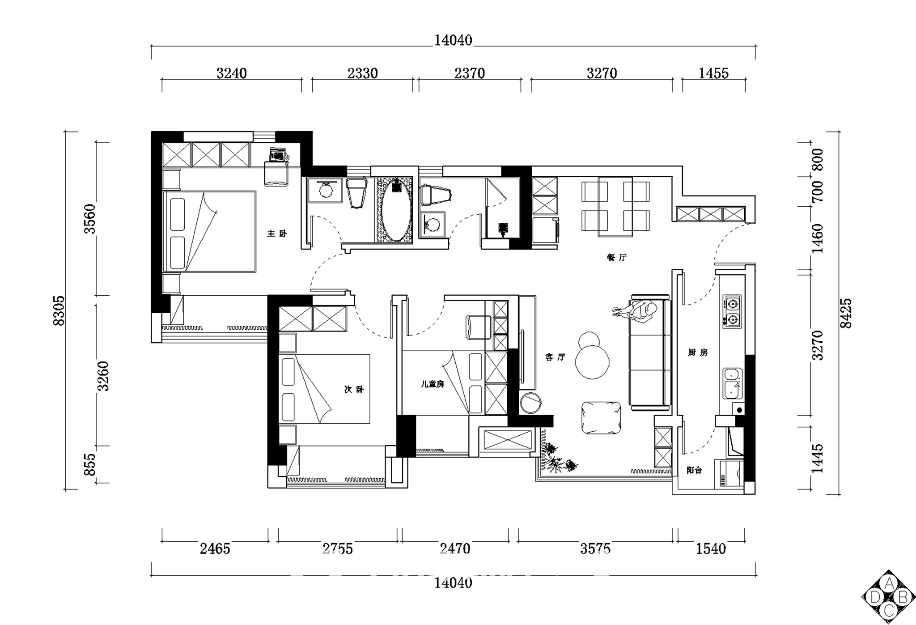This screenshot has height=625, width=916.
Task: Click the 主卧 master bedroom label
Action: pos(277,234)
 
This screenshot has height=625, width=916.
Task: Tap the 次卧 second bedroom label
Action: pos(354,390)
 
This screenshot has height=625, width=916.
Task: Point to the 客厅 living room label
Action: pos(555,357)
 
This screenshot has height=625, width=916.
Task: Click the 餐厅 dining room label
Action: pos(617,257)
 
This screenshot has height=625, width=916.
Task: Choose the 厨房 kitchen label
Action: pos(698,353)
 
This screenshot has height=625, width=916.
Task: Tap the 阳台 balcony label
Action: pos(694,470)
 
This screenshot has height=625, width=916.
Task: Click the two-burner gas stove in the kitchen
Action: pos(732,311)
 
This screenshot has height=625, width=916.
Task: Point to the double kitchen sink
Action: pos(733,383)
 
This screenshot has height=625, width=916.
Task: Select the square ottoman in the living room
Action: pos(601,418)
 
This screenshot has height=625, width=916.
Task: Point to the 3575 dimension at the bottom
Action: pos(595,548)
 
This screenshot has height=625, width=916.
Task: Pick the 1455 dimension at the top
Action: pos(713,73)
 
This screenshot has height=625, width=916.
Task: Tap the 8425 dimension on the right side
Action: pos(846,313)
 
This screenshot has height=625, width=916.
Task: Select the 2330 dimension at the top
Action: pos(363,73)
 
